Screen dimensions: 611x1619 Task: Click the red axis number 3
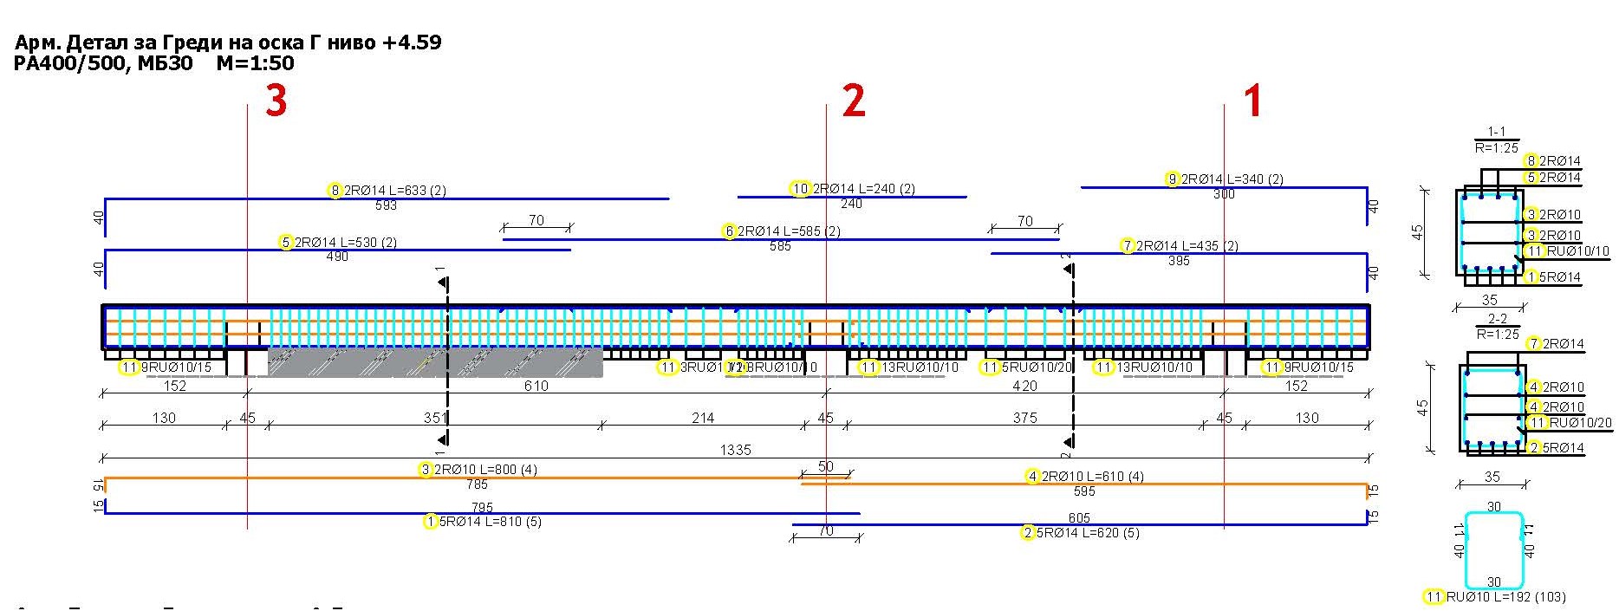[276, 101]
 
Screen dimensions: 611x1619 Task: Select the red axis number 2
[854, 101]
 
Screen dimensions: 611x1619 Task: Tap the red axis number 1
[1252, 101]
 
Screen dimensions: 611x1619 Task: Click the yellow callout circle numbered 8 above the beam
[335, 191]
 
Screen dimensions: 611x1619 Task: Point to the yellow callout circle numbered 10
[800, 189]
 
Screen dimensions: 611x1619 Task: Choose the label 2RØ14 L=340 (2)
[1232, 179]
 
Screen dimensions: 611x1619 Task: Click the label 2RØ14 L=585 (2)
[789, 231]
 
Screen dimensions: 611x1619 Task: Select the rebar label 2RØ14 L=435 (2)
[1187, 246]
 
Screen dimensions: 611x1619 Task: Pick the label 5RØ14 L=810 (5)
[490, 522]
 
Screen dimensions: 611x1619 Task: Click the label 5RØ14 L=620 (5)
[1088, 533]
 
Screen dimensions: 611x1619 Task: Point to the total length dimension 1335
[735, 450]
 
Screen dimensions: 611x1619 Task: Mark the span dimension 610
[536, 387]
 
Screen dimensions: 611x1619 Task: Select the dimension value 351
[435, 418]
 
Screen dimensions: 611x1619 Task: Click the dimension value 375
[1024, 418]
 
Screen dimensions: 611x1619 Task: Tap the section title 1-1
[1496, 132]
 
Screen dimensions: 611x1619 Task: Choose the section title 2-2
[1496, 319]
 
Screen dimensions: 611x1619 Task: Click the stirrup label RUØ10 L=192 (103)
[1505, 597]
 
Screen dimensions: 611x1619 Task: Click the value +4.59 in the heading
[411, 42]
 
